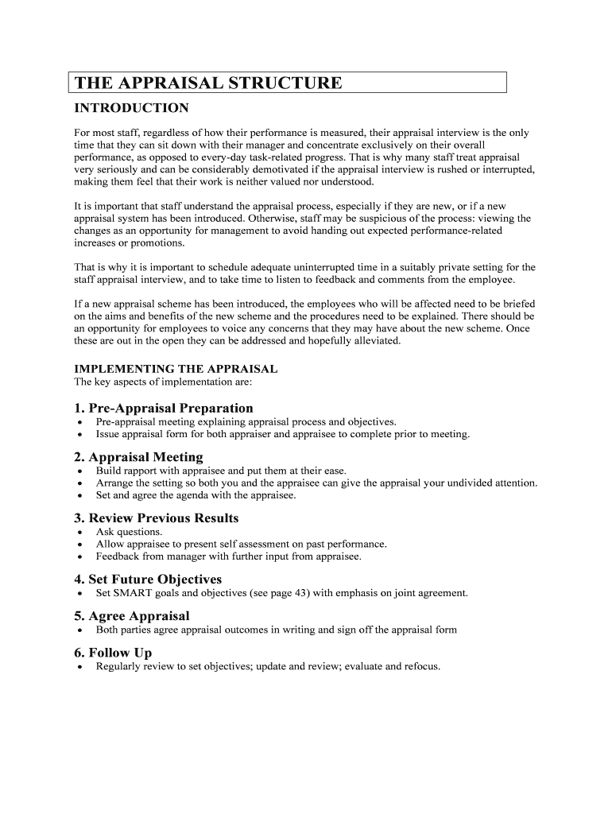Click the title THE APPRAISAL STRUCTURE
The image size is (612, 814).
[x=208, y=83]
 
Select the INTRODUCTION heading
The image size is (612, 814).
[x=131, y=108]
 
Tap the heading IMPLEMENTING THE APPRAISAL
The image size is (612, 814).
[x=176, y=369]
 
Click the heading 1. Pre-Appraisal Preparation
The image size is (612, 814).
[x=164, y=408]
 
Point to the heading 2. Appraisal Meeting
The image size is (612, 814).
[x=138, y=457]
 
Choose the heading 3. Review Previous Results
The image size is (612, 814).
[x=156, y=518]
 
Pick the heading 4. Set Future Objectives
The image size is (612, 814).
[x=148, y=579]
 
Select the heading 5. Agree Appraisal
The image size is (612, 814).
[x=132, y=616]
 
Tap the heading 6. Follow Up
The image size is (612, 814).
[x=113, y=653]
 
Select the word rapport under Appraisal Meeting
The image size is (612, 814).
[x=141, y=471]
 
